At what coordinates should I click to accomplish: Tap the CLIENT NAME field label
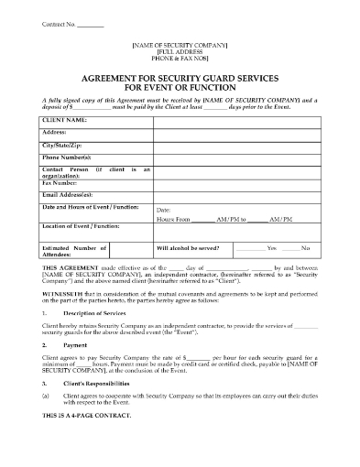tap(65, 120)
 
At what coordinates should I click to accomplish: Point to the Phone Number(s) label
tap(67, 157)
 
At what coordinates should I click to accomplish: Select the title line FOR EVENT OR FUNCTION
tap(180, 89)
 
